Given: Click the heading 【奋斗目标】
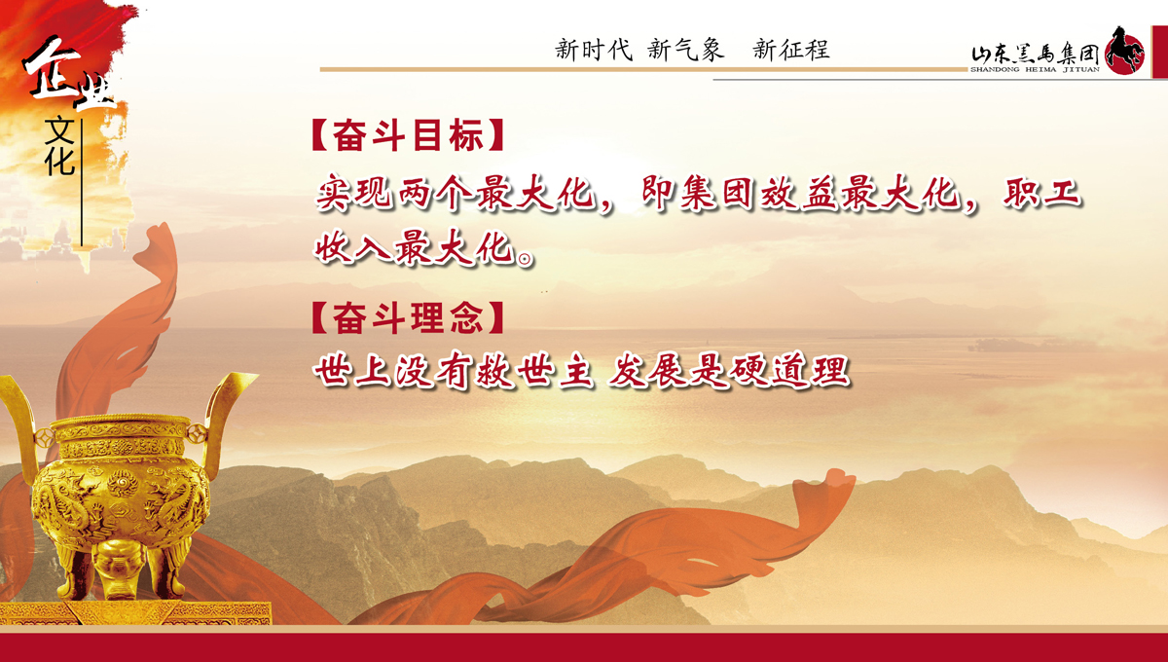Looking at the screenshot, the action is [408, 135].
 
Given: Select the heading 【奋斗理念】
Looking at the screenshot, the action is [408, 317].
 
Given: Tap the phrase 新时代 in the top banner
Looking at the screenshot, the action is [594, 50].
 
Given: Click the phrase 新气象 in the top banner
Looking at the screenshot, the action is [686, 50].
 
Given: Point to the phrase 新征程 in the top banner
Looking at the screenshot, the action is [791, 50].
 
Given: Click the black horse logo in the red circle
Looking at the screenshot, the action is [1125, 52].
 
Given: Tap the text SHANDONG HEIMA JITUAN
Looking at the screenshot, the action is [1035, 69].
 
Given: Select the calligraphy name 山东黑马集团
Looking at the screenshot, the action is [1035, 55].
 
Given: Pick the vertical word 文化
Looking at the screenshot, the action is [59, 146].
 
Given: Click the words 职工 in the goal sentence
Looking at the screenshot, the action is [1041, 193].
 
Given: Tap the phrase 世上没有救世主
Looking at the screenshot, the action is [454, 370].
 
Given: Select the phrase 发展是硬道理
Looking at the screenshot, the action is [729, 371].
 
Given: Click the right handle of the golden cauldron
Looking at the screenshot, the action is [225, 412].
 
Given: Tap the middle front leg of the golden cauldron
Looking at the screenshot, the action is [118, 569].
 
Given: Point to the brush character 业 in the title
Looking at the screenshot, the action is [95, 93].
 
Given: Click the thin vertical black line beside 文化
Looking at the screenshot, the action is [82, 183].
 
